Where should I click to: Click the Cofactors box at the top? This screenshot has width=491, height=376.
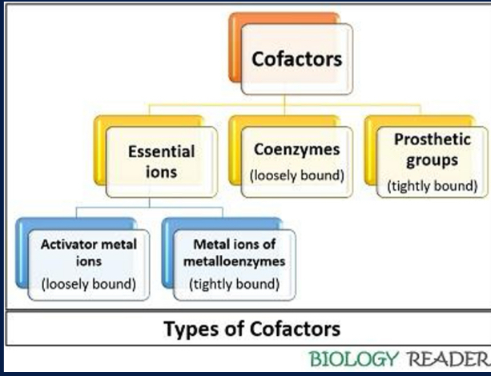(296, 59)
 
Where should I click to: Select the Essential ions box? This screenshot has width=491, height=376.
(161, 160)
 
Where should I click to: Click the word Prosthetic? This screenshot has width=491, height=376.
(432, 139)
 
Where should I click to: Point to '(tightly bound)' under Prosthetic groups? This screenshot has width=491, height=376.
(432, 185)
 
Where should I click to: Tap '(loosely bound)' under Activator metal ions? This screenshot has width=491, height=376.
(89, 284)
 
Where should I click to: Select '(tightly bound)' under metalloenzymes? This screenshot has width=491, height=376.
(234, 284)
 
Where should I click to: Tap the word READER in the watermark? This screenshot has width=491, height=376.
(447, 357)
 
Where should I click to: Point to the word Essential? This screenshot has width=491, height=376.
(161, 151)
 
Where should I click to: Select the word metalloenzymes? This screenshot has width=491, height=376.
(239, 262)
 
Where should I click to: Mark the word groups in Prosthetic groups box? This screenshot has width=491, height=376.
(432, 160)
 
